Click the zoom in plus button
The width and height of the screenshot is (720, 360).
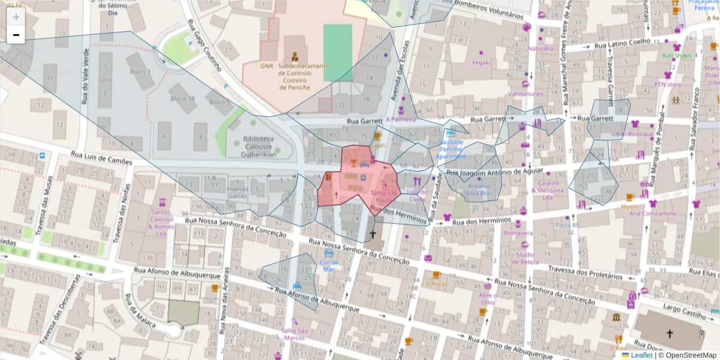(x=16, y=17)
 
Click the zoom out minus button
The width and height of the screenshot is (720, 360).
(x=16, y=35)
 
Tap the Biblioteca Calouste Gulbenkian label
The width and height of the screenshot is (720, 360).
(x=259, y=146)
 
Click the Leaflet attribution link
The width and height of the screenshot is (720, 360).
(x=641, y=355)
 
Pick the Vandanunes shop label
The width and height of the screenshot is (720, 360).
(x=525, y=94)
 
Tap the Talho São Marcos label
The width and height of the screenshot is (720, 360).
(x=294, y=334)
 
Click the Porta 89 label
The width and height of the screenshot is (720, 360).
(x=567, y=225)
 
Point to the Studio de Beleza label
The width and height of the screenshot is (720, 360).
(x=526, y=259)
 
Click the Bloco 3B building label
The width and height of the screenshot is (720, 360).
(x=182, y=99)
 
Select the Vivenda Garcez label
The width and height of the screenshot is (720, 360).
(x=237, y=193)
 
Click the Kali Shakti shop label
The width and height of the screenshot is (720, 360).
(x=677, y=55)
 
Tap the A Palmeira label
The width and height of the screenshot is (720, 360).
(x=400, y=119)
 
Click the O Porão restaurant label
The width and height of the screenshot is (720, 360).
(x=436, y=284)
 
